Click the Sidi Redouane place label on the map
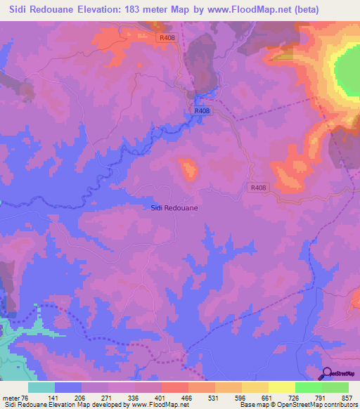[x=174, y=208]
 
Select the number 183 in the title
[x=134, y=10]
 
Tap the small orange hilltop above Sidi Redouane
[x=188, y=169]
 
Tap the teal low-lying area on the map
[x=14, y=337]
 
